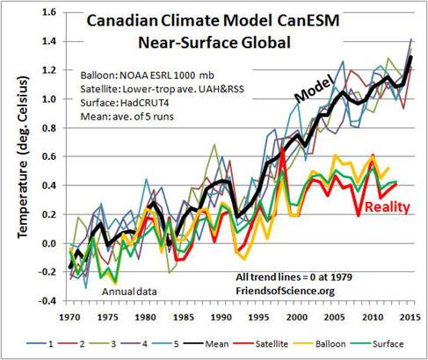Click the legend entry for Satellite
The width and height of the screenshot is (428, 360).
pos(263,343)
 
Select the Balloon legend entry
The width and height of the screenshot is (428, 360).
pos(322,343)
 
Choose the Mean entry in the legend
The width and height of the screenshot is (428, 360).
pos(207,343)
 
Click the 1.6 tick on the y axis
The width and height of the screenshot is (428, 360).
pos(49,12)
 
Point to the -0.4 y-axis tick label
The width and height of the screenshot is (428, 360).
pos(47,301)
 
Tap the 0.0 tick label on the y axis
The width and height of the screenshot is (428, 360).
pos(49,243)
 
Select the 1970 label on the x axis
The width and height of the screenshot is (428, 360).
pos(69,317)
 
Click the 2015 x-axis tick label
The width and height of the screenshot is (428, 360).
pos(410,317)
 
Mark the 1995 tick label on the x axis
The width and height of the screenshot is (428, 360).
pos(259,317)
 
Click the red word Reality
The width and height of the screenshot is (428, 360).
pos(388,207)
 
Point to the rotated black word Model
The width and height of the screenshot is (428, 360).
pos(315,89)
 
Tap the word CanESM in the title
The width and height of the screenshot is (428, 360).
pos(308,21)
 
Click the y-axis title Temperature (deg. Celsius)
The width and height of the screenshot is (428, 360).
pos(24,157)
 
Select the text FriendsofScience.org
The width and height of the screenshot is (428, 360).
pos(285,291)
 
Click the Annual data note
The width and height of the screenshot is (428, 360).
pos(129,292)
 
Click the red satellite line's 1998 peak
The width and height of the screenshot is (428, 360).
pos(282,149)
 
